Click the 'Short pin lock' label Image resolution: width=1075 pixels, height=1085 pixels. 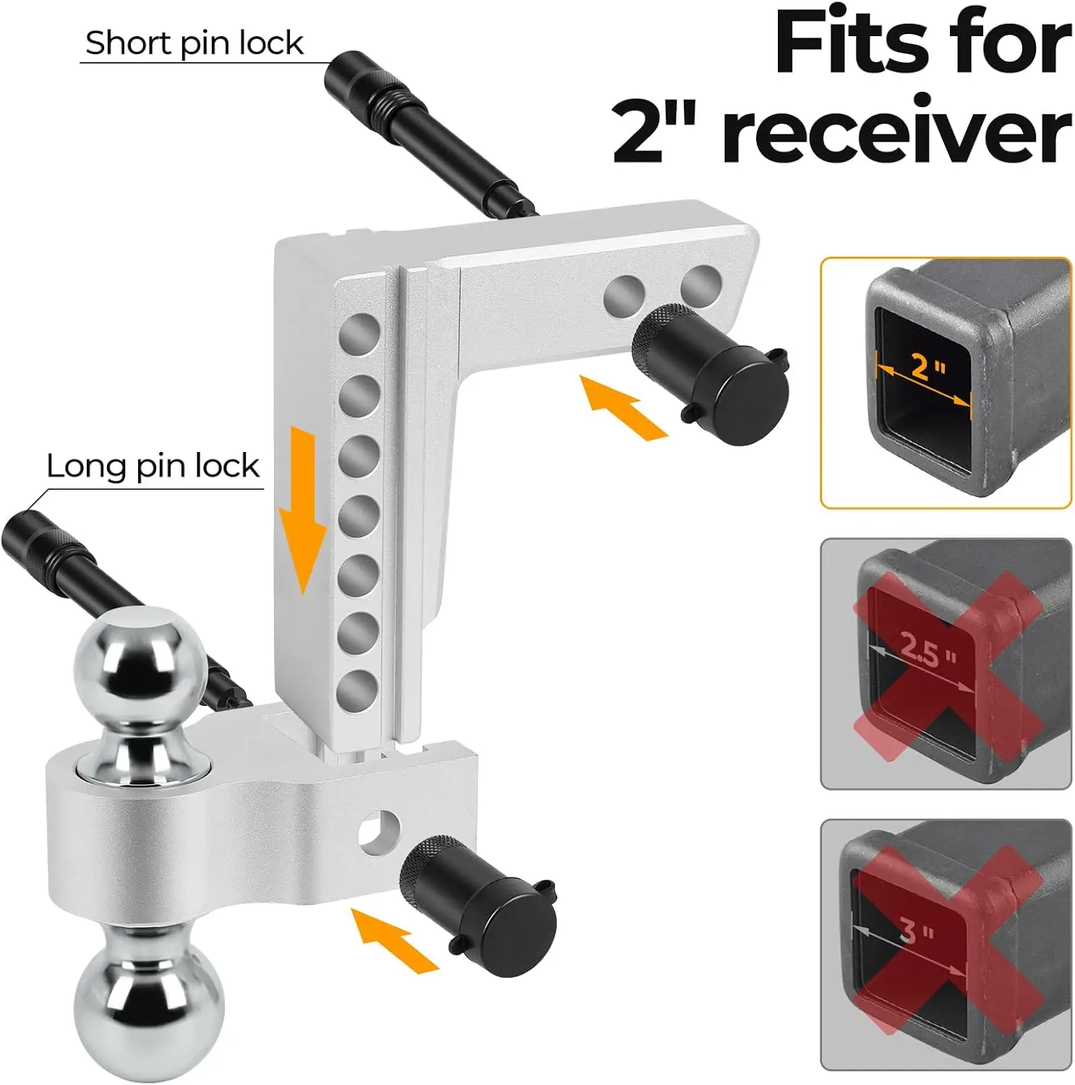click(x=194, y=43)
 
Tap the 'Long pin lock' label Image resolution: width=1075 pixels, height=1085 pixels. click(x=153, y=466)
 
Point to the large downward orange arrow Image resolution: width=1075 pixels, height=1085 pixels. click(x=303, y=509)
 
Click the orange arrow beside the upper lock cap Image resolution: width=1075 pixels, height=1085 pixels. click(x=623, y=408)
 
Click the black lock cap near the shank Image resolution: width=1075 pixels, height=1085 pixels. click(x=711, y=373)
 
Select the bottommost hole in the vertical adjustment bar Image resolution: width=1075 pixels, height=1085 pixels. click(x=358, y=690)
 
